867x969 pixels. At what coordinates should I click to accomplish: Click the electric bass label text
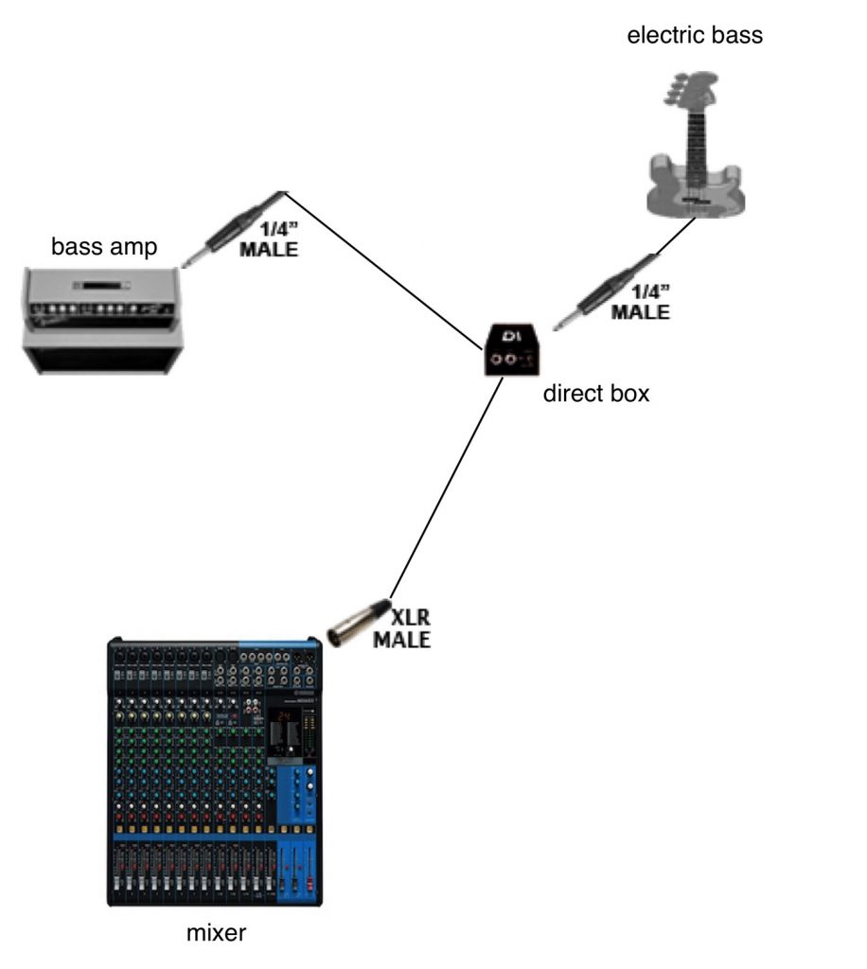point(695,36)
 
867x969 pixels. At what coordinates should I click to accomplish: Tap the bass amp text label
point(104,248)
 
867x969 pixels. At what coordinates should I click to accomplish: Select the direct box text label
point(596,394)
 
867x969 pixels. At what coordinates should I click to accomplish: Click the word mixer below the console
point(216,933)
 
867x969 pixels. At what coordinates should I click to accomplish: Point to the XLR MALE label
point(401,628)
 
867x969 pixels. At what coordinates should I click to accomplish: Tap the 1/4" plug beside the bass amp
point(233,228)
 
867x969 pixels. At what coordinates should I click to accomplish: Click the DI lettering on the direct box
point(513,337)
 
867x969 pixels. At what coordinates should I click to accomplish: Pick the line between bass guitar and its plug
point(676,236)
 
